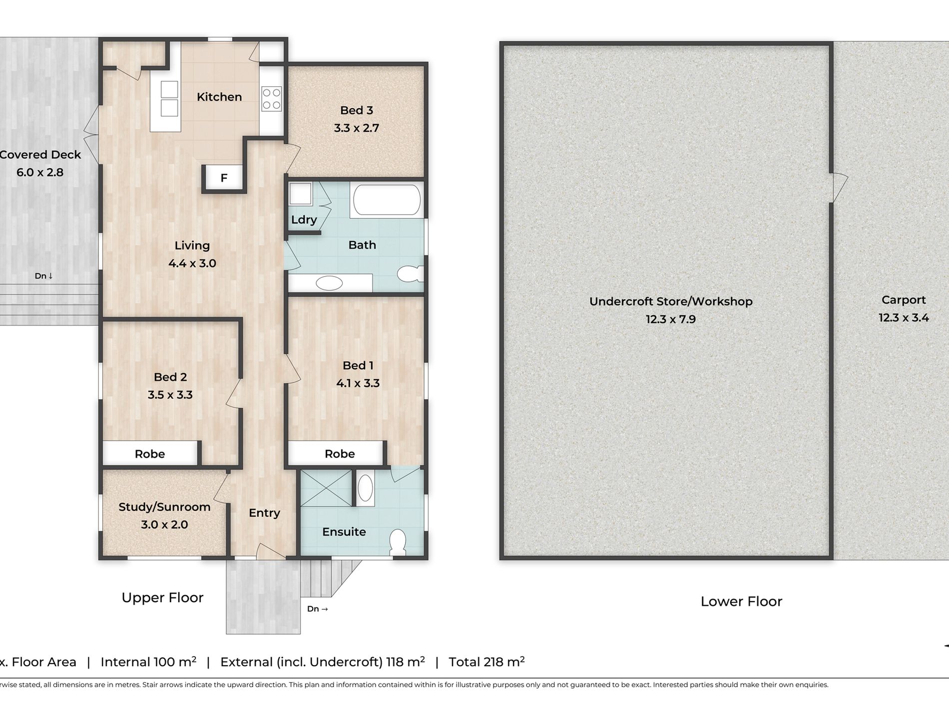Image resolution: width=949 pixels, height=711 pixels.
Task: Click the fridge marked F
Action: pos(224,178)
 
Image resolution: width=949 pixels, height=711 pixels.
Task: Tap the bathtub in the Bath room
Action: pos(387,200)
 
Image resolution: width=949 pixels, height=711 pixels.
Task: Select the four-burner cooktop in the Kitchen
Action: pos(272,98)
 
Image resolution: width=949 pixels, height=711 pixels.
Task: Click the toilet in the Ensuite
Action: pos(398,542)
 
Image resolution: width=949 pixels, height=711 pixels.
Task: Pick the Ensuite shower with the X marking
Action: pos(326,487)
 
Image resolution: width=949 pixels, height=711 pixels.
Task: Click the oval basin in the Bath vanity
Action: pos(329,283)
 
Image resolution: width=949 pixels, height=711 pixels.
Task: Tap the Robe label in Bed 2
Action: pos(150,454)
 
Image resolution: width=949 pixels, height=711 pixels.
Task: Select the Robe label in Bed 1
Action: pos(340,454)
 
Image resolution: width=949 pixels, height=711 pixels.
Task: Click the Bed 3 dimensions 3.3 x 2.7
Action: pos(357,128)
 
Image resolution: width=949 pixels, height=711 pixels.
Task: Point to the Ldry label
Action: pos(304,220)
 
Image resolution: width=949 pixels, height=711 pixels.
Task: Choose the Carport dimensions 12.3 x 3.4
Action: pos(904,318)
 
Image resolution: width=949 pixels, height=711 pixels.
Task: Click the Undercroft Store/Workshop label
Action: pos(671,301)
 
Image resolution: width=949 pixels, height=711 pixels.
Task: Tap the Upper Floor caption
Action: pos(163,598)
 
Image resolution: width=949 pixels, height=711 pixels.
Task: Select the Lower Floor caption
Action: pos(741,602)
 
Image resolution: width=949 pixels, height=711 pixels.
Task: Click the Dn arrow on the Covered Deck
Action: pos(44,276)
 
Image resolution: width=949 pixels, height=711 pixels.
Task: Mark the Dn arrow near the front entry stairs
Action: pos(318,609)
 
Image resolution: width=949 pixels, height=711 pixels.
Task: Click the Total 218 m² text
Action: pos(486,662)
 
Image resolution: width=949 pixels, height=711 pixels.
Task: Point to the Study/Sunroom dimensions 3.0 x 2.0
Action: pos(164,525)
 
